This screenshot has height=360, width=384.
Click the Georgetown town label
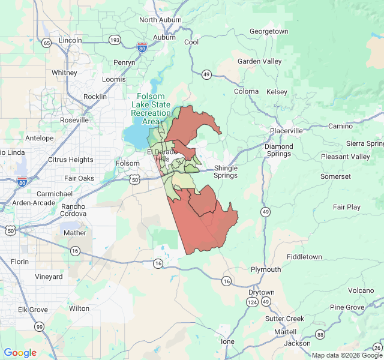point(269,31)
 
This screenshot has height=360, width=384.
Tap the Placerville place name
point(286,131)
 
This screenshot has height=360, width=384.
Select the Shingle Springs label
point(226,172)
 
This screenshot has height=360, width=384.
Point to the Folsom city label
point(127,163)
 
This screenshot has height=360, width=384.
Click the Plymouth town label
point(265,269)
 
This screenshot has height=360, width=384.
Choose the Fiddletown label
point(304,257)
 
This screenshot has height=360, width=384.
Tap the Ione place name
point(228,341)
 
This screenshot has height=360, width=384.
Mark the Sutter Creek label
point(284,319)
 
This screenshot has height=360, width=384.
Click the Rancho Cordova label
point(73,210)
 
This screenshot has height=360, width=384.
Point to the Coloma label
point(246,92)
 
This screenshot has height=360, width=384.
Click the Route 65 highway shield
point(46,43)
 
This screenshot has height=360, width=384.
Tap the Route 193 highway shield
point(115,40)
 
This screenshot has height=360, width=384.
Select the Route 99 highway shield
point(39,326)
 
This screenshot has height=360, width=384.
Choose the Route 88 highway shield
point(320,334)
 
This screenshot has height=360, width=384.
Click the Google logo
point(20,353)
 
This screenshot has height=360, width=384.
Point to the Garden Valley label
point(259,61)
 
